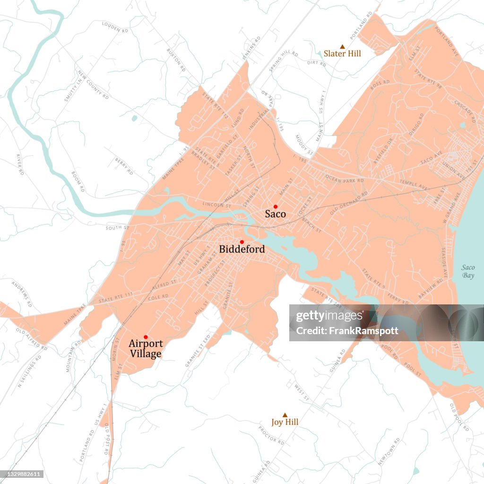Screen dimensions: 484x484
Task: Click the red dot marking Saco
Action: click(275, 207)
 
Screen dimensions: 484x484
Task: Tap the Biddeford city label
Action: click(242, 249)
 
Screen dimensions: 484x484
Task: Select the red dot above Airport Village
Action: click(146, 337)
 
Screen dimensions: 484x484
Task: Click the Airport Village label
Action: click(145, 349)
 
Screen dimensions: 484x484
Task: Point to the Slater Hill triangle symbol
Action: click(342, 46)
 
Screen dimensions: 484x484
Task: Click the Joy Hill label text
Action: click(285, 422)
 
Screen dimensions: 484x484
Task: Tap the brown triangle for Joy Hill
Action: click(285, 415)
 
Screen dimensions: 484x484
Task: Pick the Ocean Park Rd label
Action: click(345, 179)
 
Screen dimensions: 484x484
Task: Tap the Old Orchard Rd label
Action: click(349, 202)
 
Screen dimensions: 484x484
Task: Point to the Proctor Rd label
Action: click(271, 435)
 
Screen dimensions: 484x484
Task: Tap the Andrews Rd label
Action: click(22, 294)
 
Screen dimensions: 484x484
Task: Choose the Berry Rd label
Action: click(122, 163)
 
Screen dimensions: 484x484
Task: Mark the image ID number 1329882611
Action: click(22, 474)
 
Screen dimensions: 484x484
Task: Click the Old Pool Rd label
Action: click(459, 417)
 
